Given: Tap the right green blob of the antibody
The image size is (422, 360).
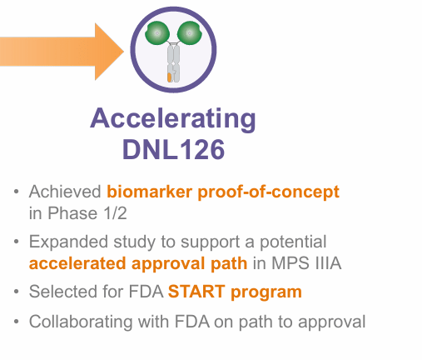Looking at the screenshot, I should [x=191, y=33].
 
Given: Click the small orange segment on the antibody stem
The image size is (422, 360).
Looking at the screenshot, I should [x=170, y=76].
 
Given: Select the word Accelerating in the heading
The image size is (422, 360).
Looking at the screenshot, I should [x=173, y=118].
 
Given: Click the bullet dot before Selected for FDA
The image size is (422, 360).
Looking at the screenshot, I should [x=17, y=293].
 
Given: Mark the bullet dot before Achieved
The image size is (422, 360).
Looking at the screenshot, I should [x=17, y=192].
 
